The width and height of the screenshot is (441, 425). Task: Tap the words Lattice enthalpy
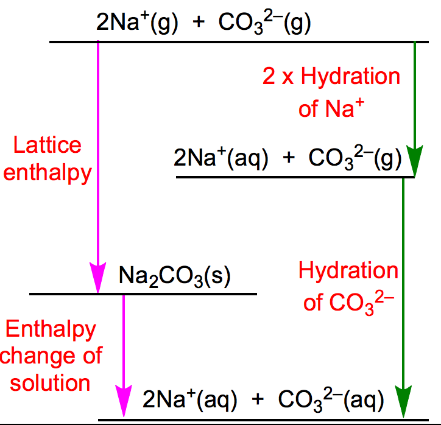pyautogui.click(x=52, y=160)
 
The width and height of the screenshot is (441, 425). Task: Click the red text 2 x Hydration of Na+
pyautogui.click(x=331, y=93)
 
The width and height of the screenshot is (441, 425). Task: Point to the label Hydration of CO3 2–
pyautogui.click(x=348, y=286)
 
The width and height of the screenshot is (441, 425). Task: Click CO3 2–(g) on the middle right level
pyautogui.click(x=355, y=160)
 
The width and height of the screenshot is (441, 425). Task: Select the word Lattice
pyautogui.click(x=48, y=146)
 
